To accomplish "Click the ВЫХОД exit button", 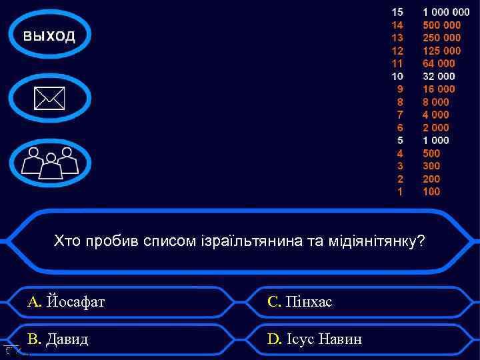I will tap(50, 36).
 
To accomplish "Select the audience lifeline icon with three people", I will tap(50, 162).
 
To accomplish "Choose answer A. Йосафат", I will tap(66, 302).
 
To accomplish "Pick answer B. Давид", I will tap(58, 339).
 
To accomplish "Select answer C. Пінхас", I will tap(299, 302).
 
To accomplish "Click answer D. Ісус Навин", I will tap(315, 339).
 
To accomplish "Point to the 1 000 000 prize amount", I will tap(445, 12).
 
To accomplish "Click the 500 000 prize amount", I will tap(441, 25).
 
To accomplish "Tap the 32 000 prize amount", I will tap(439, 77).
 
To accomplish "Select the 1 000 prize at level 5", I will tap(436, 141).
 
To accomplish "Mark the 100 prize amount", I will tap(431, 192).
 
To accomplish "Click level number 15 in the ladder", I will tap(397, 12).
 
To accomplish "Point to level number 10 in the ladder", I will tap(397, 77).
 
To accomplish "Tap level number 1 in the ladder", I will tap(400, 192).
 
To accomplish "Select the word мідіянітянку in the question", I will tap(376, 241).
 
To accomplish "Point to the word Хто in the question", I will tap(67, 241).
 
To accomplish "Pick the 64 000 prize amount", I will tap(439, 64).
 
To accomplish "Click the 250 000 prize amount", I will tap(441, 38).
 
